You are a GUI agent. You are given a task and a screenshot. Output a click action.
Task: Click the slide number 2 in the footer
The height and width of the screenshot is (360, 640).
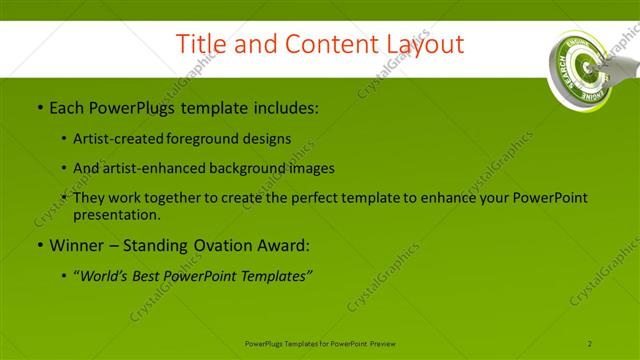tap(590, 344)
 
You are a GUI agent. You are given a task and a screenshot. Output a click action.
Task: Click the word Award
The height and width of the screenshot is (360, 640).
tap(282, 245)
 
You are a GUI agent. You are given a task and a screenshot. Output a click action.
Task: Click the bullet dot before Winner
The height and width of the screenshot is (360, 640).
tap(39, 245)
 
